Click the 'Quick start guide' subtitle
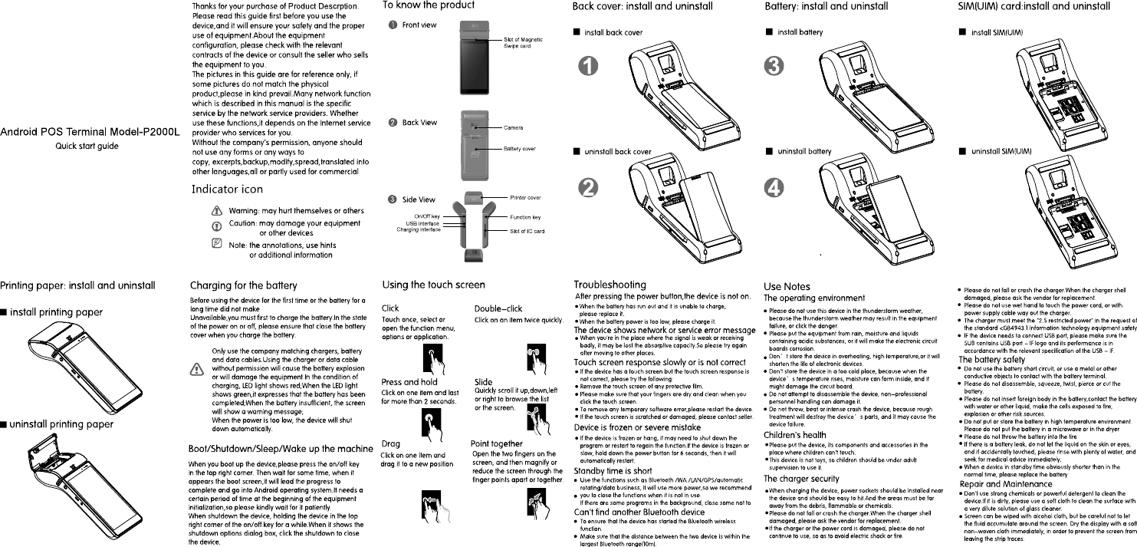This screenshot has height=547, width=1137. (87, 146)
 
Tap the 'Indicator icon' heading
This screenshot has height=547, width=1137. (227, 189)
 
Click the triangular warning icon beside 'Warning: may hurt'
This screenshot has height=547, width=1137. (219, 211)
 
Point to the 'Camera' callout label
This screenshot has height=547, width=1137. (513, 127)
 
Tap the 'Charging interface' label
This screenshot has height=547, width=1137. (418, 229)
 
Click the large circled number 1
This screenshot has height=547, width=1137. (588, 67)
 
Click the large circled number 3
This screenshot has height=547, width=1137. (776, 67)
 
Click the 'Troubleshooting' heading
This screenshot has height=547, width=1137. (610, 285)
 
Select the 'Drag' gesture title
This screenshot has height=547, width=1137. (390, 444)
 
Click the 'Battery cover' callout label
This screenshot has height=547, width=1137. (519, 149)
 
